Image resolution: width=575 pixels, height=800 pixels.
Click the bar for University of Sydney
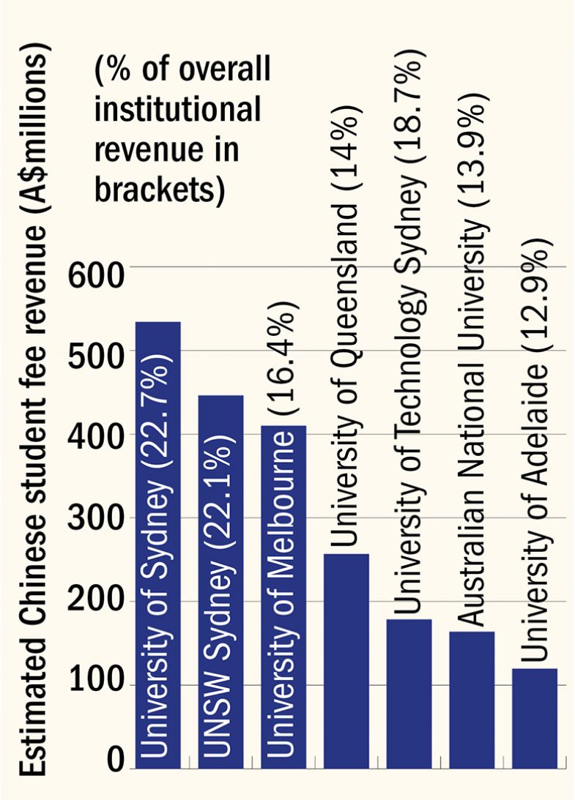[158, 545]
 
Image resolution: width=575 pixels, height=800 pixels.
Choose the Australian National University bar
[472, 700]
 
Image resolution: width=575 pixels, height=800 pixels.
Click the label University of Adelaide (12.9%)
[535, 446]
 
